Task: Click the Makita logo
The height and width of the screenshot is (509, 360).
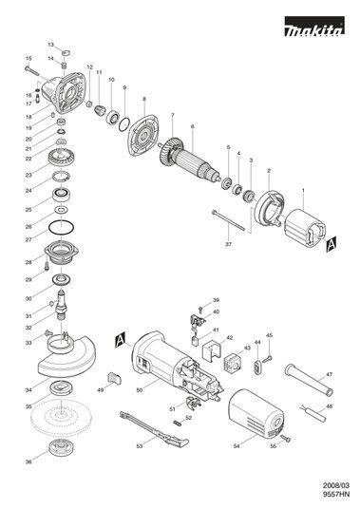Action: [314, 27]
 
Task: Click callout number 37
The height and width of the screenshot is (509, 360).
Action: [229, 244]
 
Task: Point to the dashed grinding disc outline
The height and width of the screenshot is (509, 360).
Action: [61, 417]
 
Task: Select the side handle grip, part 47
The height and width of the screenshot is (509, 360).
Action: [309, 380]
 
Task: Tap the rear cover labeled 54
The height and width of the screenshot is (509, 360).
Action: [256, 412]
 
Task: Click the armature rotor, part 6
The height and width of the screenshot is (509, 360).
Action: [191, 163]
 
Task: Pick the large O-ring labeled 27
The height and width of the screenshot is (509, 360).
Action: [61, 227]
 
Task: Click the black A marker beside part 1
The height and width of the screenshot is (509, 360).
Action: [332, 244]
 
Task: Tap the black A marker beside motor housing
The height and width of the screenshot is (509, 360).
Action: [120, 339]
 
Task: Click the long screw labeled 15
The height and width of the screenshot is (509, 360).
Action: [37, 74]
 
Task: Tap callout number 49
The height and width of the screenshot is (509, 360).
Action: [101, 390]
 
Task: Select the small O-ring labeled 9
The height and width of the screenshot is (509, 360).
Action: [123, 124]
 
